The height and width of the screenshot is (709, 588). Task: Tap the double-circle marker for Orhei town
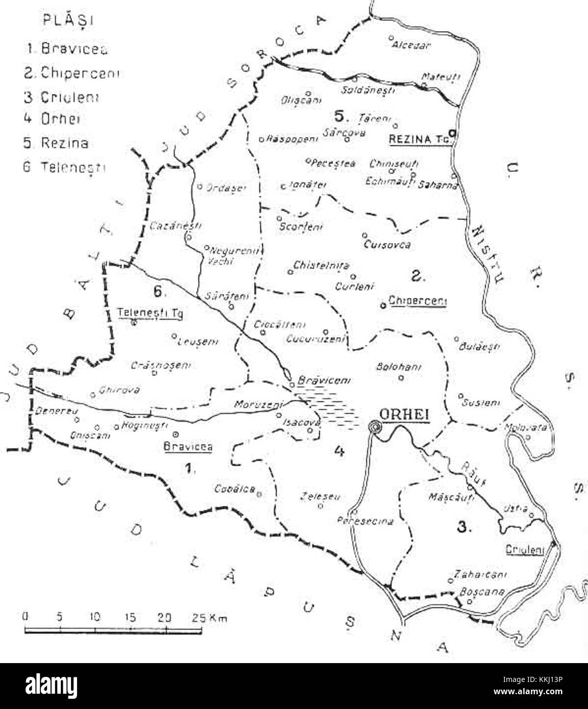376,427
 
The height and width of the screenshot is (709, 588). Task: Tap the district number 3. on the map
463,527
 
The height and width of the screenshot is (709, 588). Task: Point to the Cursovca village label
387,245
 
